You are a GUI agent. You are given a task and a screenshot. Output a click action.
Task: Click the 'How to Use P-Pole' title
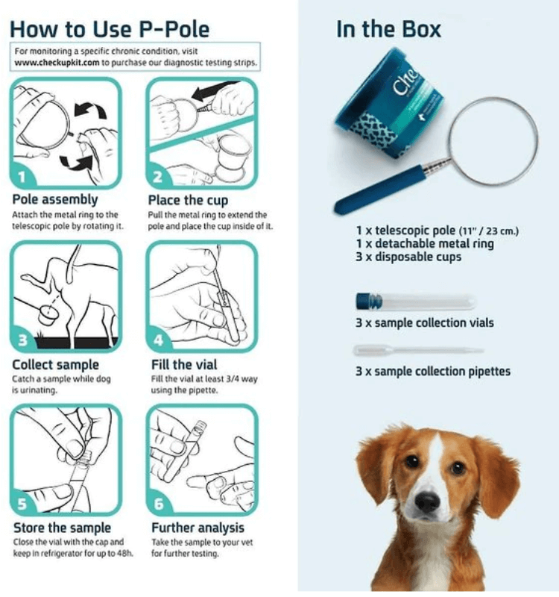[x=110, y=29]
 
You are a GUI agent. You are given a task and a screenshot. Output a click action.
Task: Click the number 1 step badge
[x=23, y=177]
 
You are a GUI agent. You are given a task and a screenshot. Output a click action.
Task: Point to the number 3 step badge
[x=23, y=340]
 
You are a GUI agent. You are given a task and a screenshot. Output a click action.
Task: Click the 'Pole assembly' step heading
[x=54, y=200]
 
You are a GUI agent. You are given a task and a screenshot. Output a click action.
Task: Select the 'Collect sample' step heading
[x=55, y=364]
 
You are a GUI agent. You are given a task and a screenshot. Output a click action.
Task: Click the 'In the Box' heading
[x=388, y=29]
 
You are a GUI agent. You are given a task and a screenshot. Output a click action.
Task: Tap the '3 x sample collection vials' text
[x=425, y=323]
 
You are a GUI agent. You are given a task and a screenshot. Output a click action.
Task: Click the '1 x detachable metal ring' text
[x=425, y=243]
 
